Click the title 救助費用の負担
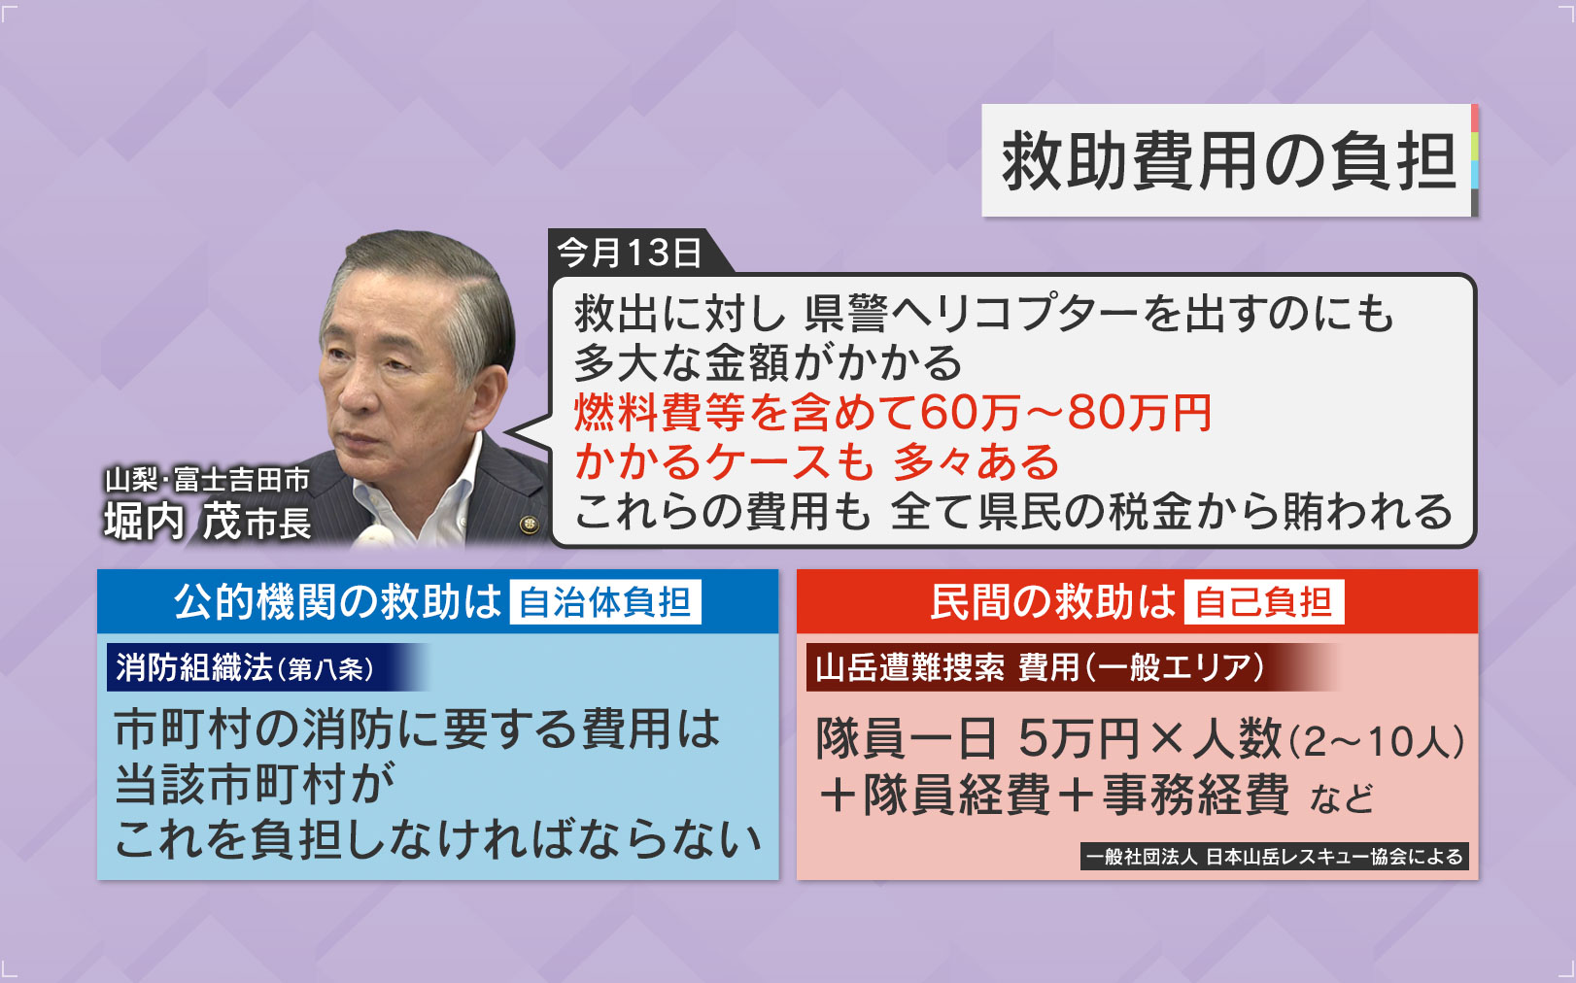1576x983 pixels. [1228, 161]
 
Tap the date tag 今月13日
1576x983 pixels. [630, 253]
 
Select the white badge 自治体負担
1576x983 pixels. [605, 602]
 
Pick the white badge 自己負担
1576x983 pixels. [1263, 602]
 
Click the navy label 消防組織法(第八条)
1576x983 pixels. [245, 667]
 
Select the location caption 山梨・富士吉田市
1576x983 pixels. [208, 480]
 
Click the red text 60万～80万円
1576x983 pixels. [1065, 413]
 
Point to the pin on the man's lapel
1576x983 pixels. [530, 525]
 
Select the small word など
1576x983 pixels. [1342, 798]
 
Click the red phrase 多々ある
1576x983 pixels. [976, 462]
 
